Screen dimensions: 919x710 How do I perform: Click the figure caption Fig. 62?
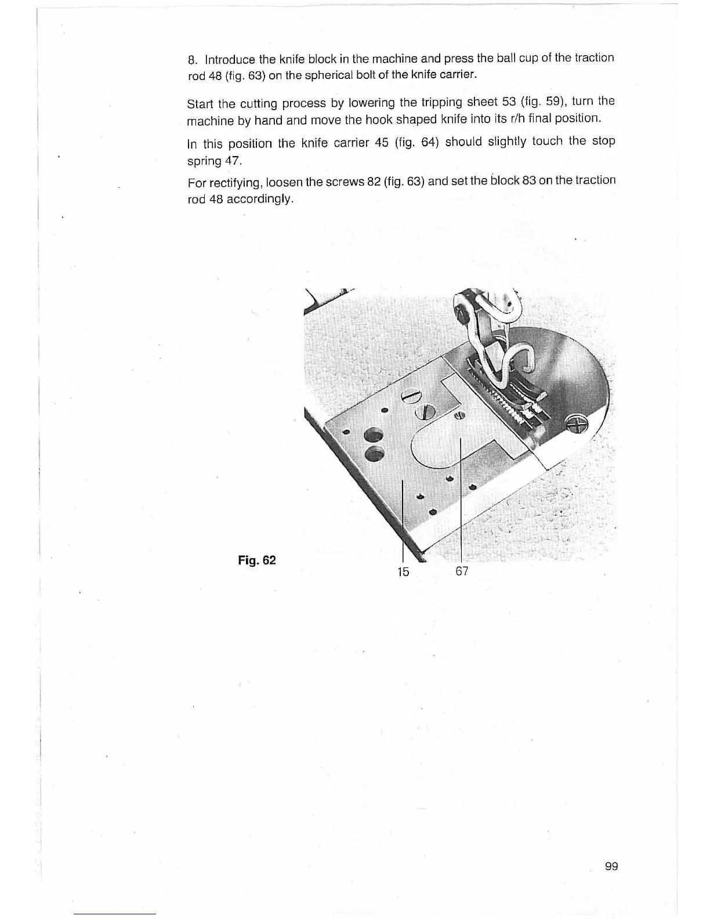[x=257, y=560]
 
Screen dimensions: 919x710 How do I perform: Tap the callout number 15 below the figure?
[x=403, y=572]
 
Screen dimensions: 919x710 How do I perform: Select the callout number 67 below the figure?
[x=462, y=571]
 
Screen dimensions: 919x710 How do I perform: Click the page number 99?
[x=611, y=866]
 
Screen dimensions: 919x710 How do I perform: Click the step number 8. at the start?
[x=193, y=60]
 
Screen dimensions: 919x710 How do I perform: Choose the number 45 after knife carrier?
[x=382, y=143]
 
